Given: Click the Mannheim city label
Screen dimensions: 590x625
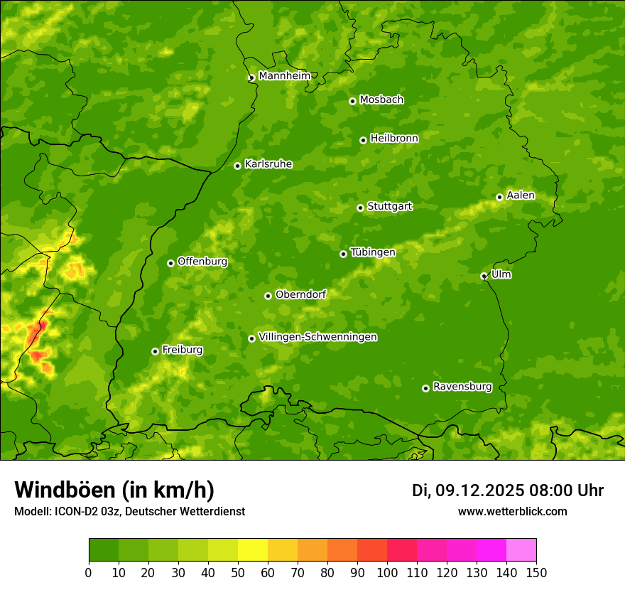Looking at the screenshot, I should pyautogui.click(x=284, y=75).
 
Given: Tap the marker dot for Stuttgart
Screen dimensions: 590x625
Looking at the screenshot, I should pyautogui.click(x=360, y=208).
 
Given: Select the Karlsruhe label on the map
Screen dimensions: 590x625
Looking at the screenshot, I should pyautogui.click(x=268, y=163).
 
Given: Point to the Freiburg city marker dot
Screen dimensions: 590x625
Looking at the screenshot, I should pyautogui.click(x=155, y=351).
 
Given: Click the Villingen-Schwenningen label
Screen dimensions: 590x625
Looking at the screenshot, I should pyautogui.click(x=317, y=337).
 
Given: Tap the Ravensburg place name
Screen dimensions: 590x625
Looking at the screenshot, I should pyautogui.click(x=462, y=387).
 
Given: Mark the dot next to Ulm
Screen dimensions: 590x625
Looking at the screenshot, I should pyautogui.click(x=484, y=276).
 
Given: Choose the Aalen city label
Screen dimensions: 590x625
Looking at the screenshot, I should pyautogui.click(x=521, y=195).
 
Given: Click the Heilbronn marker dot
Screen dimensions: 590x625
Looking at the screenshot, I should pyautogui.click(x=363, y=140).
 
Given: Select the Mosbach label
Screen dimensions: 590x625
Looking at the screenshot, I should pyautogui.click(x=381, y=100).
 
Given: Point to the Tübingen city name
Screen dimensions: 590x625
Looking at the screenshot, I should pyautogui.click(x=373, y=252).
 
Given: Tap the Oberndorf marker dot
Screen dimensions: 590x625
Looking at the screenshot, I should pyautogui.click(x=268, y=296).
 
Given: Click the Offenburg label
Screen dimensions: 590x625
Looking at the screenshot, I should pyautogui.click(x=202, y=261).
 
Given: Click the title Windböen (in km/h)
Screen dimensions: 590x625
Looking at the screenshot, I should pyautogui.click(x=114, y=490).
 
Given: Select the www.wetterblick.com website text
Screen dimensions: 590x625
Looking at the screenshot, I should pyautogui.click(x=512, y=511).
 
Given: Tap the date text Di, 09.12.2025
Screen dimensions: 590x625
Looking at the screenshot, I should pyautogui.click(x=467, y=490).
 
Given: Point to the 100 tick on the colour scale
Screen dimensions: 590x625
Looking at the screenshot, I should pyautogui.click(x=387, y=572).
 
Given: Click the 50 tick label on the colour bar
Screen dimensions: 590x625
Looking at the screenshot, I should pyautogui.click(x=238, y=572).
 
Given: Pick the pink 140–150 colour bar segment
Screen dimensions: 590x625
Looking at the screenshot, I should pyautogui.click(x=521, y=549).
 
